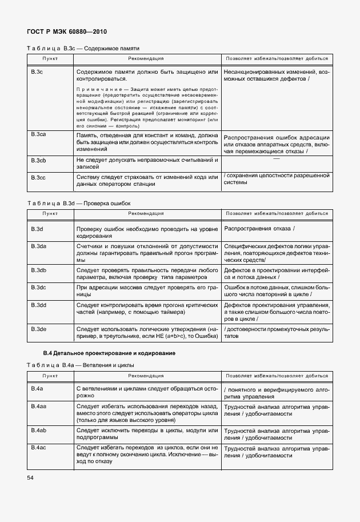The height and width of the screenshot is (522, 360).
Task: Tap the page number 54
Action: click(x=30, y=476)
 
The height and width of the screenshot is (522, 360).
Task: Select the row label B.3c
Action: click(x=37, y=73)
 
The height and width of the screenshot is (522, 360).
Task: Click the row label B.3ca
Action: click(x=39, y=134)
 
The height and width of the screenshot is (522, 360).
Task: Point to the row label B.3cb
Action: click(x=39, y=161)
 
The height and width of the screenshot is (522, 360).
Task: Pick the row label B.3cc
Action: click(x=39, y=177)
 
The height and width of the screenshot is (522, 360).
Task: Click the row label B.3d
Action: click(x=37, y=229)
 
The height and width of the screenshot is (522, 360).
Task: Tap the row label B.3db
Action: click(x=39, y=269)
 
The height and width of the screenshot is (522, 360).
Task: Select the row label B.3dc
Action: click(x=39, y=287)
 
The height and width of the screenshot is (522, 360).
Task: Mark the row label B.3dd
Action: click(x=39, y=306)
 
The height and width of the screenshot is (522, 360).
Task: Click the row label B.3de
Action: click(x=39, y=329)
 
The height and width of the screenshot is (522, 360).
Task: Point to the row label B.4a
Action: click(x=37, y=389)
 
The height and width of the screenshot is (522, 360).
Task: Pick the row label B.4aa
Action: click(x=39, y=407)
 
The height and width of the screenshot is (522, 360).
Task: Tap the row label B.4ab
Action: click(x=39, y=429)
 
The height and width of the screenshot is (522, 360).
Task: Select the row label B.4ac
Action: click(x=39, y=447)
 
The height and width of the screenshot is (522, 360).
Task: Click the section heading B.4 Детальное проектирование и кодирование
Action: click(x=109, y=353)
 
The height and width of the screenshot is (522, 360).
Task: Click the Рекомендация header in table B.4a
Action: click(x=146, y=376)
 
